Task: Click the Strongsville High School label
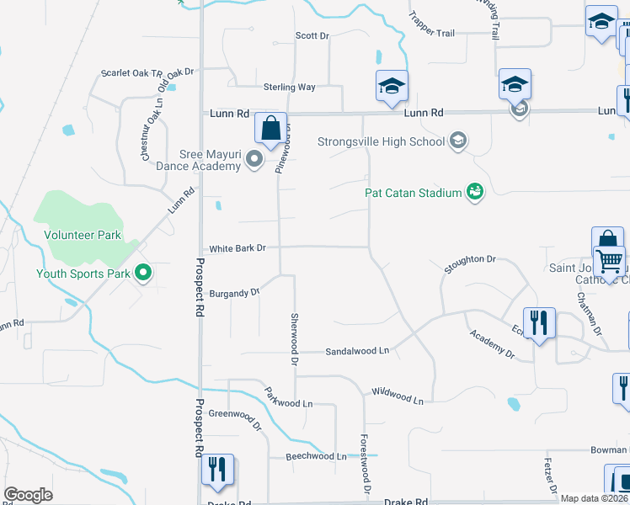[381, 141]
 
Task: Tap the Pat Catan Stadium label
[413, 193]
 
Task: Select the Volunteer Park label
[83, 236]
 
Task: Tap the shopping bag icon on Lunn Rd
[271, 130]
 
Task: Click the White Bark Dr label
[238, 248]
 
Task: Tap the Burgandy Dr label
[235, 293]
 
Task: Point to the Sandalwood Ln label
[357, 350]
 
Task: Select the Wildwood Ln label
[398, 395]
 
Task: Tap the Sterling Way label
[289, 87]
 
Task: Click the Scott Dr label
[312, 35]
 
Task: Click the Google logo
[28, 495]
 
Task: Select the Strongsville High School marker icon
[457, 140]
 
